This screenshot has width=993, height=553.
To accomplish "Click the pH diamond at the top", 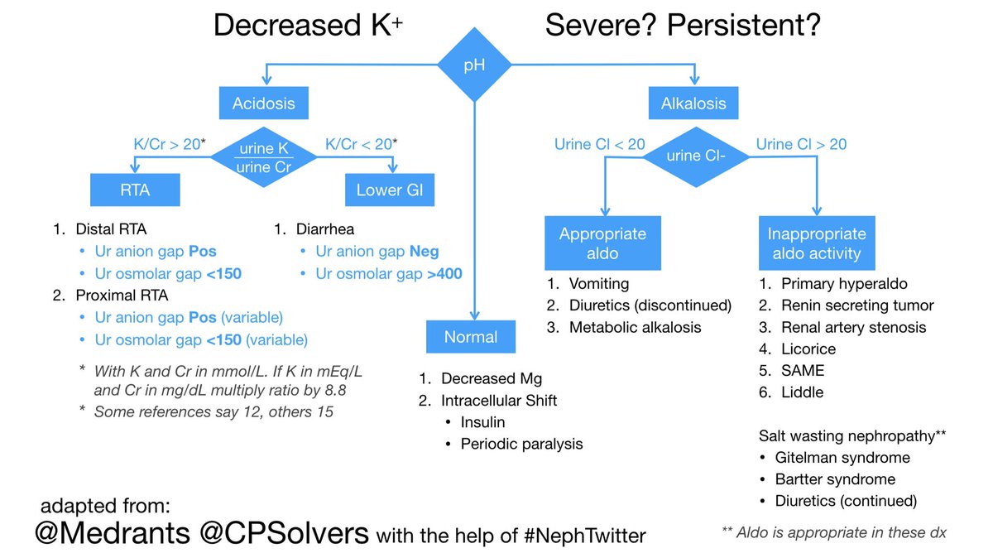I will click(474, 65).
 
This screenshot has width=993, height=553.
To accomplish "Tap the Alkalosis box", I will click(693, 104).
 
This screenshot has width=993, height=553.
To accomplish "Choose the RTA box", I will click(134, 190).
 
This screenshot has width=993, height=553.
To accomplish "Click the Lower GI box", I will click(389, 190).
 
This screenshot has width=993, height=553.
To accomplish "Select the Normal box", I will click(471, 337).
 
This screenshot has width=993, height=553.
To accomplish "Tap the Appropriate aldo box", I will click(602, 243).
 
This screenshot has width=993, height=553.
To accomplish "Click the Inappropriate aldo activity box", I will click(817, 243).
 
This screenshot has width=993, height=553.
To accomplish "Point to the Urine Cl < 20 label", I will click(599, 144).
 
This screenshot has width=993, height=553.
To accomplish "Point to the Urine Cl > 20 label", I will click(801, 144).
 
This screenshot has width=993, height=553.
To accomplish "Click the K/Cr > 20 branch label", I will click(169, 143).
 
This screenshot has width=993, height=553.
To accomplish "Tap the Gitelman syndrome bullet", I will click(842, 458).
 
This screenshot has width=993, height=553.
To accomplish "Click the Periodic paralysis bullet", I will click(521, 444).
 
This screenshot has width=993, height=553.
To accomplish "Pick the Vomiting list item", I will click(599, 284).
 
